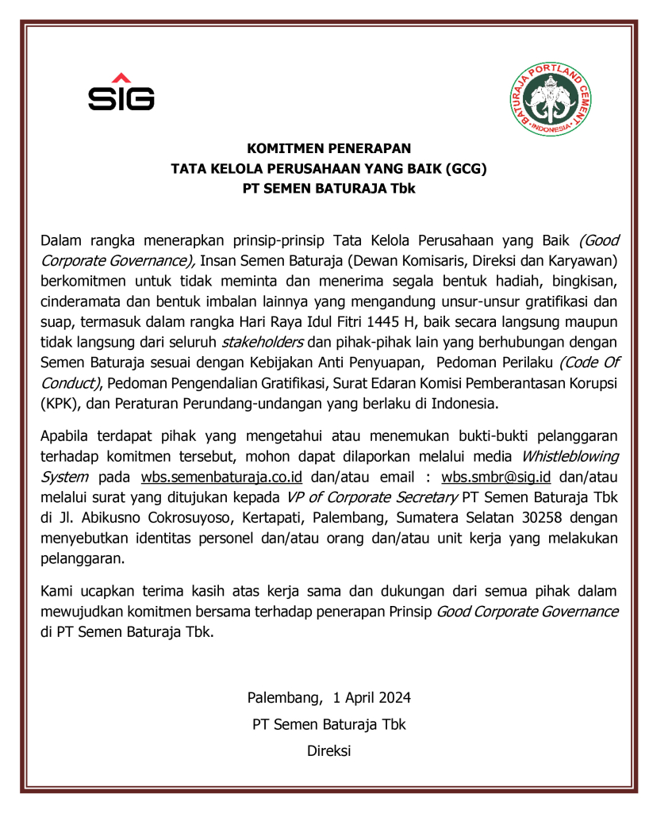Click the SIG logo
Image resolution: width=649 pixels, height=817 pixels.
pyautogui.click(x=121, y=92)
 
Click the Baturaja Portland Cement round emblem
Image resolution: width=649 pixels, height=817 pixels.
pyautogui.click(x=550, y=99)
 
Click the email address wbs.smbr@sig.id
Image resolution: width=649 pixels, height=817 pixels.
pyautogui.click(x=501, y=477)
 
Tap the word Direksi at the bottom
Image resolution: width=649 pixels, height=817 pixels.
pyautogui.click(x=328, y=750)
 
